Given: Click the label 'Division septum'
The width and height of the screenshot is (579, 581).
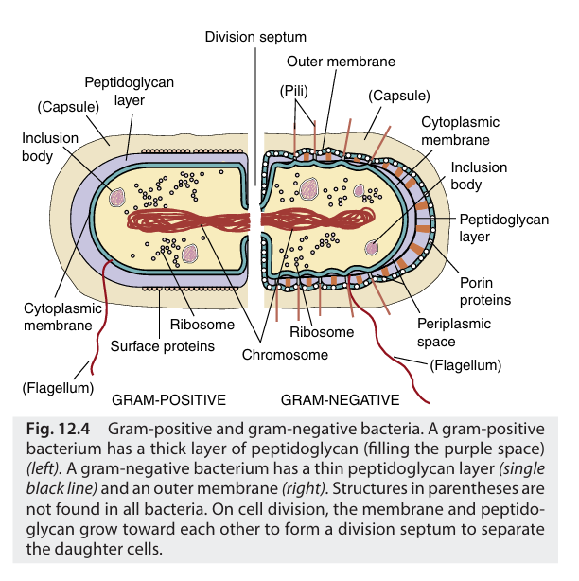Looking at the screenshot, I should pos(255,37).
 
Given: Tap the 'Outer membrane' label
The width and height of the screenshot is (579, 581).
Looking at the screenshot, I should pos(342,62).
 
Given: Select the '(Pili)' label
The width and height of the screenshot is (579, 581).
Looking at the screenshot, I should pos(295,91).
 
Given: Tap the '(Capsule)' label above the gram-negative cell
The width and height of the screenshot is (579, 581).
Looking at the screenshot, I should pos(399,96).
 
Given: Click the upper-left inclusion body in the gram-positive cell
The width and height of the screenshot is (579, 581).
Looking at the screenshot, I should pos(118,196).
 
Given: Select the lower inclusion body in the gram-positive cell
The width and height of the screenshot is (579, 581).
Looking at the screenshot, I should pos(189,254).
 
